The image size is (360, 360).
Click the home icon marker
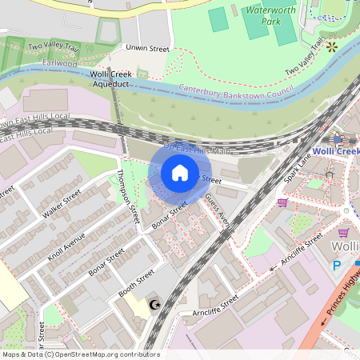click(179, 173)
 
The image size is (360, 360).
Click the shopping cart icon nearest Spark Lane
click(282, 202)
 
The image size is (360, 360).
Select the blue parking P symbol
click(337, 265)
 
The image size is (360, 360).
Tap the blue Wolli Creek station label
click(335, 151)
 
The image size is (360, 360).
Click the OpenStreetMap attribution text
click(80, 354)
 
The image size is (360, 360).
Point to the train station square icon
click(337, 138)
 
